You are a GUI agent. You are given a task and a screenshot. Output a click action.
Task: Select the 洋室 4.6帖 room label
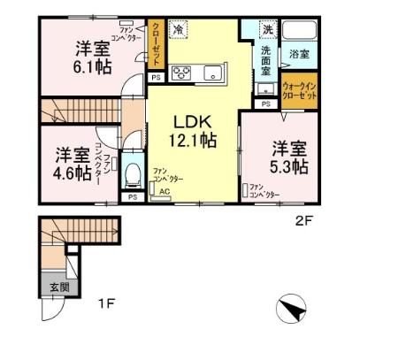[x=71, y=163]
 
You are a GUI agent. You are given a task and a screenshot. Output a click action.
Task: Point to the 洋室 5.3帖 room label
[x=288, y=157]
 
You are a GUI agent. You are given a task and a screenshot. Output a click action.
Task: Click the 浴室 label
[x=298, y=55]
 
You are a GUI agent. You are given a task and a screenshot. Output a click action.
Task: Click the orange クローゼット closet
[x=155, y=45]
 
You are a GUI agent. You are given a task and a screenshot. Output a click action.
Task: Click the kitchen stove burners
[x=183, y=73]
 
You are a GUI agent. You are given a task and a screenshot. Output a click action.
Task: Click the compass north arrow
[x=293, y=310]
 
